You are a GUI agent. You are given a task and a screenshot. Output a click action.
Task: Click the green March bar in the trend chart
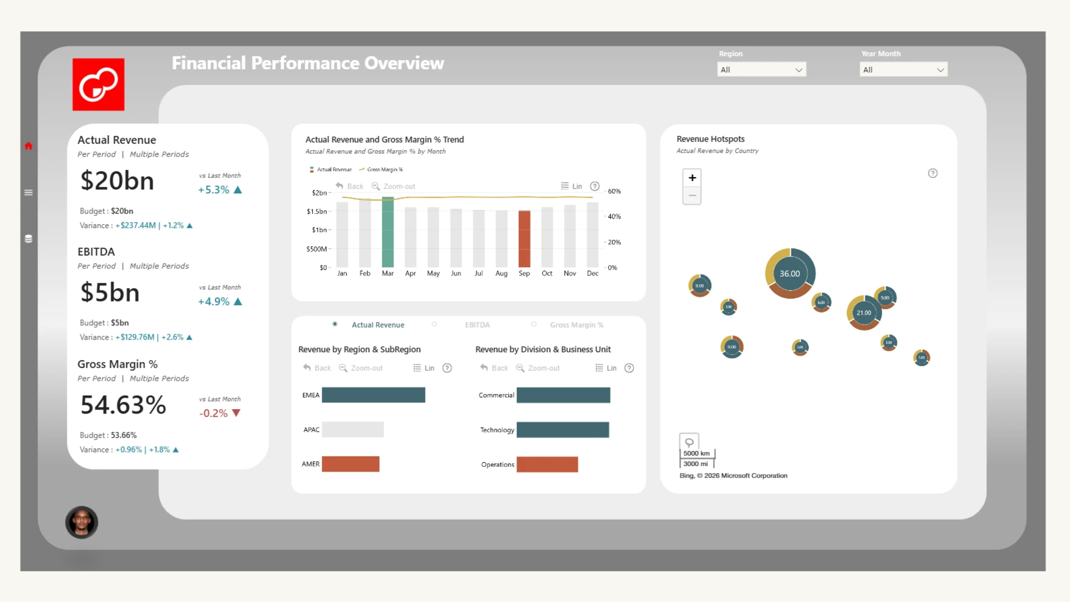[388, 232]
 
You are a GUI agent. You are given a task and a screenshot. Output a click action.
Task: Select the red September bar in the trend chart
[524, 239]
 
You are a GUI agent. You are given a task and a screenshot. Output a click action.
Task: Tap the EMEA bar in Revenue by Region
[373, 395]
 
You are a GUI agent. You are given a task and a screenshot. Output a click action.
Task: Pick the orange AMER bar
[351, 464]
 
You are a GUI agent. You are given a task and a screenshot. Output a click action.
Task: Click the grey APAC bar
[353, 429]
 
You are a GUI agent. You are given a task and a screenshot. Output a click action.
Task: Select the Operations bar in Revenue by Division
[547, 464]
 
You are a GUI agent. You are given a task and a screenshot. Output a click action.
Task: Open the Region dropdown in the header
[761, 70]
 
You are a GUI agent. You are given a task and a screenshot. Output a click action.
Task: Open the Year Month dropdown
[903, 70]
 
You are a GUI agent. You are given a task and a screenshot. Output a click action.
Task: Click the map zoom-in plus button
[692, 178]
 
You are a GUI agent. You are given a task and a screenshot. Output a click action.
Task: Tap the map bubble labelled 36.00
[790, 274]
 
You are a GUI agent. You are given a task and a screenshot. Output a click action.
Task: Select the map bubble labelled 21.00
[864, 313]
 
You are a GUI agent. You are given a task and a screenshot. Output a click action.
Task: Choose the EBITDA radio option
[434, 324]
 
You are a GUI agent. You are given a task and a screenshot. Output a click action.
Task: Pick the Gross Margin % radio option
[534, 324]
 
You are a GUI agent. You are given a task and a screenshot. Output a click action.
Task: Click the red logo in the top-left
[99, 85]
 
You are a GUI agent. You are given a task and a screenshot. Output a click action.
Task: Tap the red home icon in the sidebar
[28, 146]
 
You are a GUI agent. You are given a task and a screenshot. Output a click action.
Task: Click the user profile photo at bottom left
[82, 522]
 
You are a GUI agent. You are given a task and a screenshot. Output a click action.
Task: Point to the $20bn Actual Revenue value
[117, 181]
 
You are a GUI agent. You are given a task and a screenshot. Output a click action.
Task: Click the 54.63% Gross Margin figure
[123, 405]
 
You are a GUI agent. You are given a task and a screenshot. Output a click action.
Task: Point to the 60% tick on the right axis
[614, 191]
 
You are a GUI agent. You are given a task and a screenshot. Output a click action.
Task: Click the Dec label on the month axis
[592, 274]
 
